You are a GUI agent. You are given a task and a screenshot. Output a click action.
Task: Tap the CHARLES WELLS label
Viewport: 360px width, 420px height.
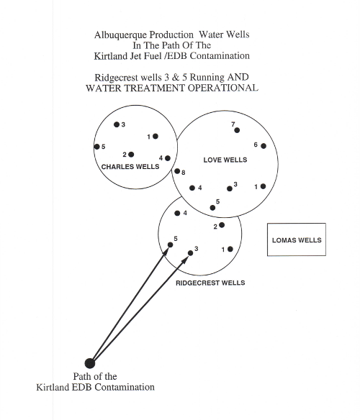[130, 167]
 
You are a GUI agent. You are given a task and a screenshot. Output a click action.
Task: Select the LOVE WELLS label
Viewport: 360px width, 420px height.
[225, 160]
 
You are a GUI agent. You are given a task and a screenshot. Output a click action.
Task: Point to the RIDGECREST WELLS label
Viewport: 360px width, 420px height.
[210, 283]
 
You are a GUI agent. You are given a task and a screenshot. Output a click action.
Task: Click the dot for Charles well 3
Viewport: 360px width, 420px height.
[117, 124]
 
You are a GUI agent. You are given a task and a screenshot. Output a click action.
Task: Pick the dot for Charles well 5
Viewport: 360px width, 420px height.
[97, 147]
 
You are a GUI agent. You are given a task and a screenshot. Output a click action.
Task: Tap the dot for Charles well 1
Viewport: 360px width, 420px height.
[156, 137]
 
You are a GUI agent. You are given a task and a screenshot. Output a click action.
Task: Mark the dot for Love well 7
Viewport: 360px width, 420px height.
[237, 130]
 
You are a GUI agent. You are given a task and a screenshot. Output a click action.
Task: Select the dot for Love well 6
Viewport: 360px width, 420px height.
[264, 146]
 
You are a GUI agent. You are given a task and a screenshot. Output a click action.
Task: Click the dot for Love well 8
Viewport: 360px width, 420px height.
[177, 171]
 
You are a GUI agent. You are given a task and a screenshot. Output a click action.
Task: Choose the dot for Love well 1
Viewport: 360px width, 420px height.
[263, 186]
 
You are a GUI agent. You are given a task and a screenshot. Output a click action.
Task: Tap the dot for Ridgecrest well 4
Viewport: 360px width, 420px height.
[177, 213]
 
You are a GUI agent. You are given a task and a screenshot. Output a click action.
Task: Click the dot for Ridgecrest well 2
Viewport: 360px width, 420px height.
[222, 225]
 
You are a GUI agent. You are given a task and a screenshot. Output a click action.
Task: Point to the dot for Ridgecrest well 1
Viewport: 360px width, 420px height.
[230, 249]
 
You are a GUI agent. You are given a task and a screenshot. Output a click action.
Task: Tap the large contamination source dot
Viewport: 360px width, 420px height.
[90, 363]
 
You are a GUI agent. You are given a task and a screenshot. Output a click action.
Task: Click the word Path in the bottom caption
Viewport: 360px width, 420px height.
[82, 376]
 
